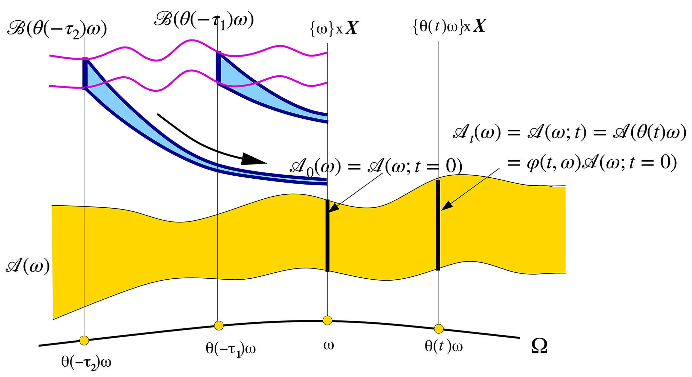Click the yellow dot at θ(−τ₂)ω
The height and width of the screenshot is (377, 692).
pos(84,341)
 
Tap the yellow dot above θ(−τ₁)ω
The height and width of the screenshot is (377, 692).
pos(219,325)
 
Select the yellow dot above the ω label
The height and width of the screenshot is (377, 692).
pos(327,320)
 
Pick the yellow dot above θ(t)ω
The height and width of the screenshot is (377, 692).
pos(439,329)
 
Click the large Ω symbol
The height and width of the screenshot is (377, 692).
pos(539,347)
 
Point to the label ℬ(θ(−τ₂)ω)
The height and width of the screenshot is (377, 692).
pos(57,30)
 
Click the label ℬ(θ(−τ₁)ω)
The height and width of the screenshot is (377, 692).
pos(204,20)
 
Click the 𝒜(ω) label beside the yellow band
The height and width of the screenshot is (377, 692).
pos(28,267)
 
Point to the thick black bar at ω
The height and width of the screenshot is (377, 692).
pos(327,235)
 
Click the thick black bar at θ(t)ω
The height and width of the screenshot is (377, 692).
pos(438,225)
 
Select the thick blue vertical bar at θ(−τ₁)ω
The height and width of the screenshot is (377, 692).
pos(219,67)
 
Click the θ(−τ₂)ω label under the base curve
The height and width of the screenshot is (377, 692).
pos(86,362)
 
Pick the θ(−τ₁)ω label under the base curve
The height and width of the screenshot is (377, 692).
pos(231,349)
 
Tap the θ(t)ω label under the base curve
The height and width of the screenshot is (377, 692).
pos(444,347)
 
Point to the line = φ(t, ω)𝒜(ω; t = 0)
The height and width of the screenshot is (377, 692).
pos(592,163)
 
